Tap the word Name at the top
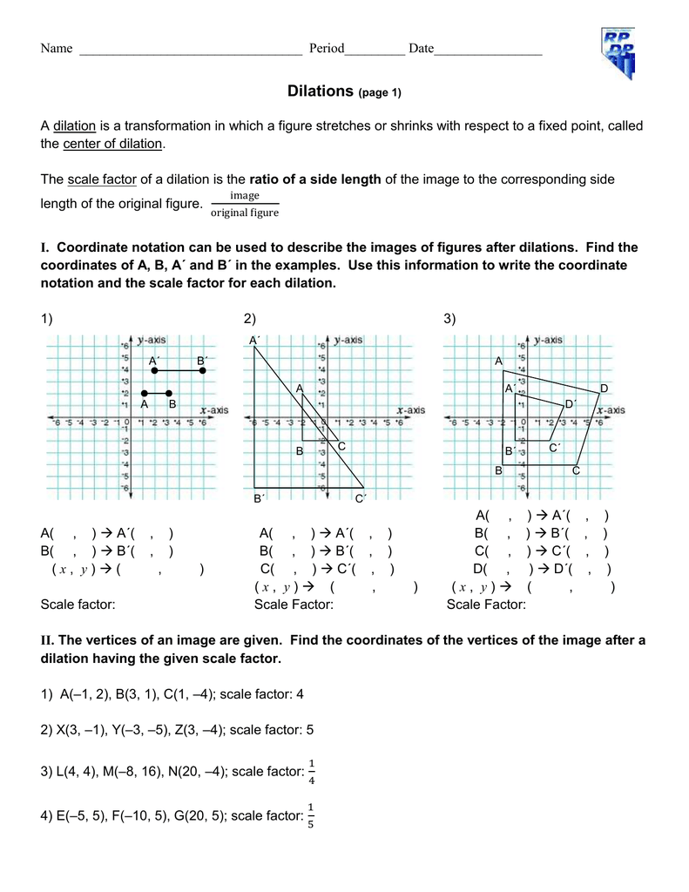tap(57, 49)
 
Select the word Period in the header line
tap(327, 49)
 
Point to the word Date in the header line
tap(421, 49)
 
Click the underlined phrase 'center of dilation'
tap(112, 144)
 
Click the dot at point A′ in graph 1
tap(154, 370)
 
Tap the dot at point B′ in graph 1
tap(202, 370)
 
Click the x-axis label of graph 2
tap(410, 409)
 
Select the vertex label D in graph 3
tap(604, 388)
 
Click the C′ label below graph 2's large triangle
tap(361, 498)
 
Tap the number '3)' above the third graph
tap(450, 320)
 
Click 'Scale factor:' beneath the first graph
tap(78, 605)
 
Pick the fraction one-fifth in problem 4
tap(311, 816)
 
